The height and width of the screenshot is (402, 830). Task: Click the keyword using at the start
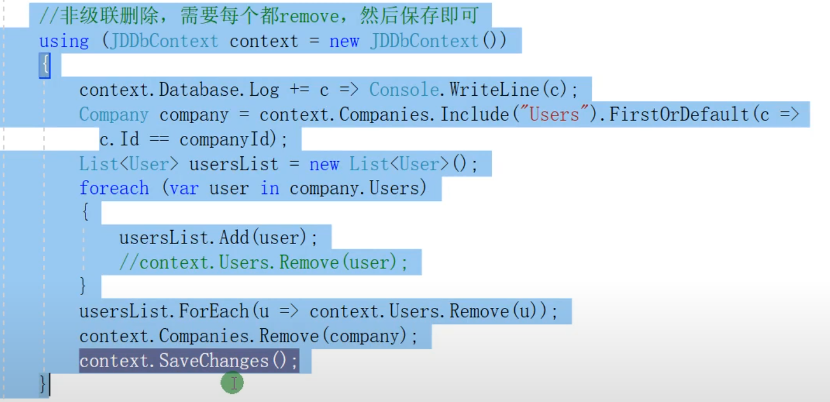[x=64, y=41]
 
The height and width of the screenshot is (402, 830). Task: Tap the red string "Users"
[x=554, y=114]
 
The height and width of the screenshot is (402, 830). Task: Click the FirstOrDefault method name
[x=679, y=114]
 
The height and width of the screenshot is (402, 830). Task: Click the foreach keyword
[x=114, y=188]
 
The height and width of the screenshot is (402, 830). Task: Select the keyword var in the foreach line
[x=184, y=188]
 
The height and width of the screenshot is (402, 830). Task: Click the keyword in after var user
[x=269, y=188]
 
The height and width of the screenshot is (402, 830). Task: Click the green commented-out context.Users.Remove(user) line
[x=264, y=263]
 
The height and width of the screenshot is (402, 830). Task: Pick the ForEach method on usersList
[x=214, y=311]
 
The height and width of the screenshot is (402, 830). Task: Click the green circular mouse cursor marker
[x=232, y=383]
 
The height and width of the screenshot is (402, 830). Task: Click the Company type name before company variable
[x=113, y=114]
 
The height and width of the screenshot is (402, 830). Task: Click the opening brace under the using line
[x=44, y=66]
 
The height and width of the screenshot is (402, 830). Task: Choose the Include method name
[x=474, y=114]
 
